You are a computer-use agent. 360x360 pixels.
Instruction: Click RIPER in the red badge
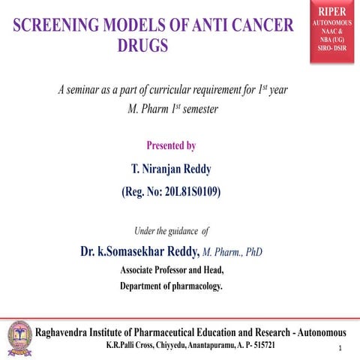coord(331,13)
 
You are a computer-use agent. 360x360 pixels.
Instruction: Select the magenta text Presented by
coord(172,145)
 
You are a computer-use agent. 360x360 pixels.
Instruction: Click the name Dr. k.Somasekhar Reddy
coord(139,251)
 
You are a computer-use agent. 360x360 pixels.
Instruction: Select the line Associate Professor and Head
coord(172,269)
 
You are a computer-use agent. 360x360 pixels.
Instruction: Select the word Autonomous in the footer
coord(320,331)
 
